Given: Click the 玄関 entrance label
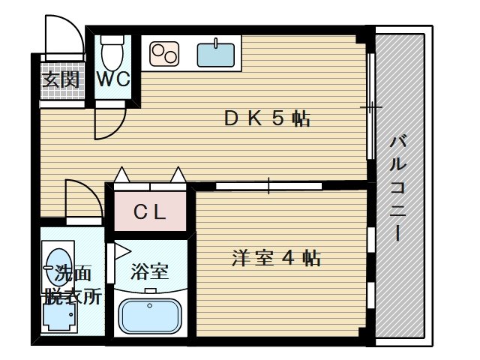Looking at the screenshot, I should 61,79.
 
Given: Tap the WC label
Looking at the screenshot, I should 113,79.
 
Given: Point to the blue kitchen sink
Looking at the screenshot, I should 216,53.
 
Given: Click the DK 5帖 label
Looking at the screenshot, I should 267,118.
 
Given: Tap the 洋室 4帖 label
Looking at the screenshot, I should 276,259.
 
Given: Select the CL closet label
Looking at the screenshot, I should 149,212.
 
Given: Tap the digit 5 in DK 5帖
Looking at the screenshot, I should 277,118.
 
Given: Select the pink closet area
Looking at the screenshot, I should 149,212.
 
